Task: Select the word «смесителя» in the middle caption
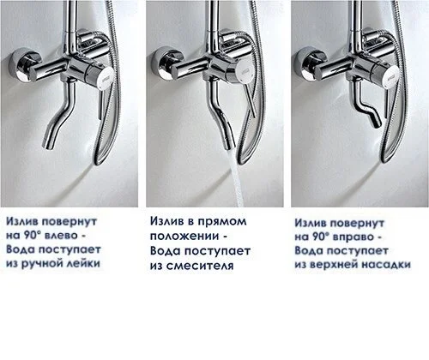tap(200, 266)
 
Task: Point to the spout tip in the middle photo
tap(228, 145)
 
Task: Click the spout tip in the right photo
tap(377, 123)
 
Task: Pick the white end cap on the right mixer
tap(392, 75)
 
